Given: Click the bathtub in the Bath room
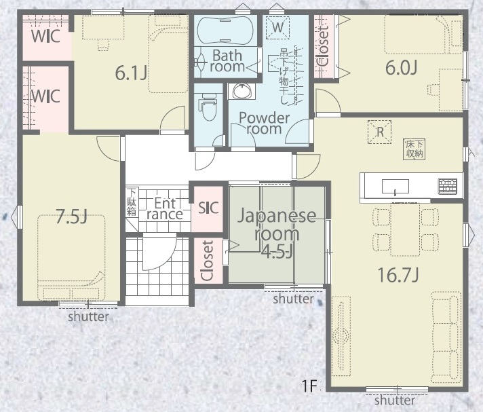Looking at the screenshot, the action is point(225,30).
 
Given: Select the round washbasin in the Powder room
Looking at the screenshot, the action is point(241,91).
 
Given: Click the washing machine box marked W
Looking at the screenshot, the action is point(277,27).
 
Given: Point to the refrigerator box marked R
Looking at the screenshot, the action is point(380,132).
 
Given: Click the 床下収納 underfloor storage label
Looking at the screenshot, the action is point(414,149).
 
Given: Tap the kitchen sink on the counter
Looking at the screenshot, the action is point(395,186).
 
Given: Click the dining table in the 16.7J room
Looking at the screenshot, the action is point(405,229).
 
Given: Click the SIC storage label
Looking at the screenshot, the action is point(208,208).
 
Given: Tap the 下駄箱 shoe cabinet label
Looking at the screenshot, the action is point(132,202).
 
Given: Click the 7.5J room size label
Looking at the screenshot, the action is point(72,217).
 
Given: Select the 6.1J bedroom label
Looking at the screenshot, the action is point(131,73).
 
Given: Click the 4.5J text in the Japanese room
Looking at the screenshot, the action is point(276,252).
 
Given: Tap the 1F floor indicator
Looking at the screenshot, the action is point(309,386).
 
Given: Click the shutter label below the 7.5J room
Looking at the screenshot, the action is point(88,316).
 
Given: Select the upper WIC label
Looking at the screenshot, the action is point(45,37).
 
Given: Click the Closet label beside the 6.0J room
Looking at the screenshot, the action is point(323,46).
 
